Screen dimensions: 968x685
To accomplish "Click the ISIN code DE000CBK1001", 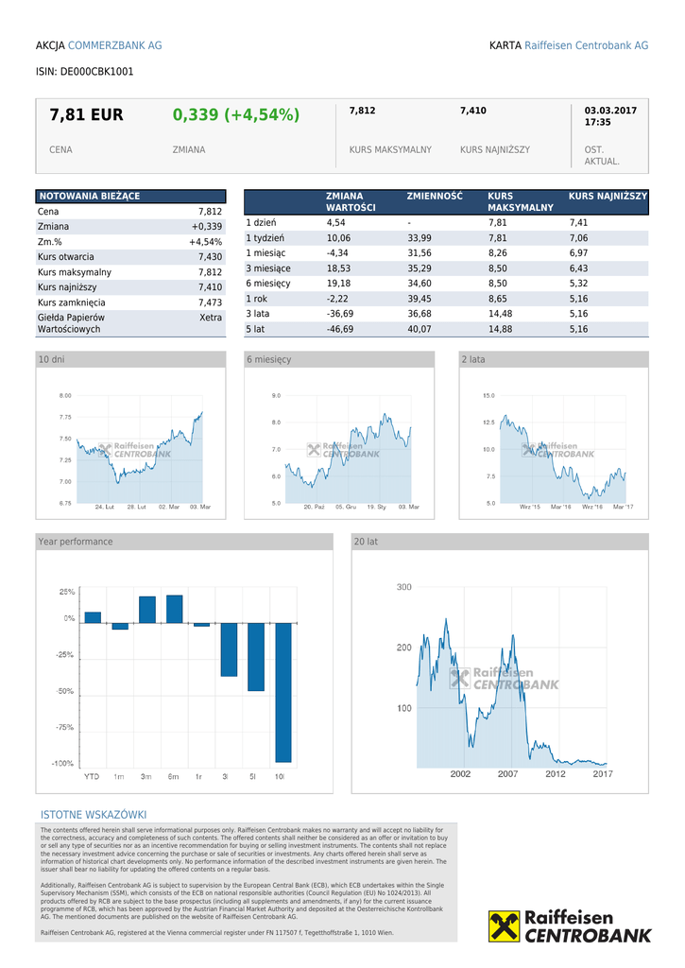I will (x=84, y=71).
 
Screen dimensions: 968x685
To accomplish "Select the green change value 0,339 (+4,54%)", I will (x=235, y=115).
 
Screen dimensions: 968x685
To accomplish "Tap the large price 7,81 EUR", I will (x=86, y=115).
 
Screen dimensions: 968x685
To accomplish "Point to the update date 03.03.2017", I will (x=610, y=111).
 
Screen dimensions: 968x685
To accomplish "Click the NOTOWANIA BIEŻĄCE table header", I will (x=89, y=196).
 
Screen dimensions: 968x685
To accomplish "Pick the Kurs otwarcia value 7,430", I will (x=210, y=257).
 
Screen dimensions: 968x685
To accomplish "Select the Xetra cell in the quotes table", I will (x=211, y=318).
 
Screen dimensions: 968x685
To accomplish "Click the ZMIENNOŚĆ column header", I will (x=435, y=196).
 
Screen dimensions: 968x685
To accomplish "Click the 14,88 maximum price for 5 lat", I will (x=500, y=329).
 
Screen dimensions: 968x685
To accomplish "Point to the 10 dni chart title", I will (x=52, y=359).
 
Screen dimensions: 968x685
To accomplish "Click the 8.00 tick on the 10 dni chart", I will (x=65, y=395).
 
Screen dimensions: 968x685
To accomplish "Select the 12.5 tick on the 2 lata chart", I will (x=488, y=423).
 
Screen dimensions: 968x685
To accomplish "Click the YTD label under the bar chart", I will (x=92, y=776).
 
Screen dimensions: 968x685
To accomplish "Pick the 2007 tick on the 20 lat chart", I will (x=508, y=774).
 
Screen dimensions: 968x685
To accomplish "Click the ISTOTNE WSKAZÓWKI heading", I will (x=94, y=815).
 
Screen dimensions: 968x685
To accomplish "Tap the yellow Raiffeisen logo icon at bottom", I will (x=504, y=926).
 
